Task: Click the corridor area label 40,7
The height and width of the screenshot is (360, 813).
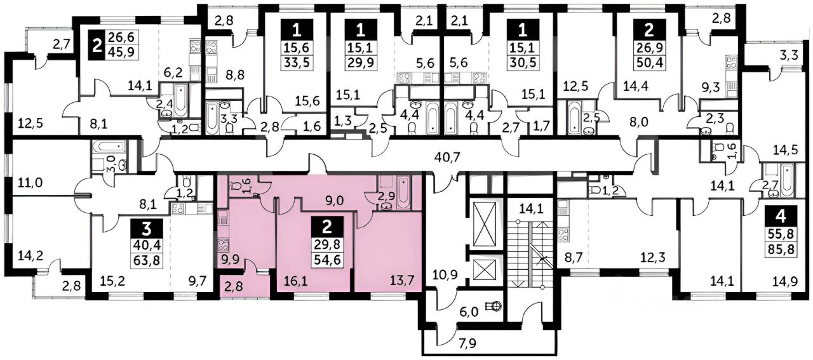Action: (447, 157)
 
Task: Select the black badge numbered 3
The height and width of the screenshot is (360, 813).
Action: (147, 229)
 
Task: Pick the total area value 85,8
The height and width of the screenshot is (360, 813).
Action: (781, 249)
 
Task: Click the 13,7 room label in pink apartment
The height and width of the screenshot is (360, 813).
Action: (402, 280)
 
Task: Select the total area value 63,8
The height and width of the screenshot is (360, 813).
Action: (147, 260)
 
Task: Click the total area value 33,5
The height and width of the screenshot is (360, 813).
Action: (297, 62)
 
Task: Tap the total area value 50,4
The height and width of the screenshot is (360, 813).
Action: (649, 62)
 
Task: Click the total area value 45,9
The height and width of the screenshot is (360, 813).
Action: (121, 52)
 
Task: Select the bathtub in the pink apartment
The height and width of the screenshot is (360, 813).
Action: (403, 192)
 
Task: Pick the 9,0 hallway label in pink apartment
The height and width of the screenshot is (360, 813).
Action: (335, 201)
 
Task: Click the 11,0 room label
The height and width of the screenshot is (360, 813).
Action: (30, 182)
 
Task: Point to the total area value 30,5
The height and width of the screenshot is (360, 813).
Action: (523, 62)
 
